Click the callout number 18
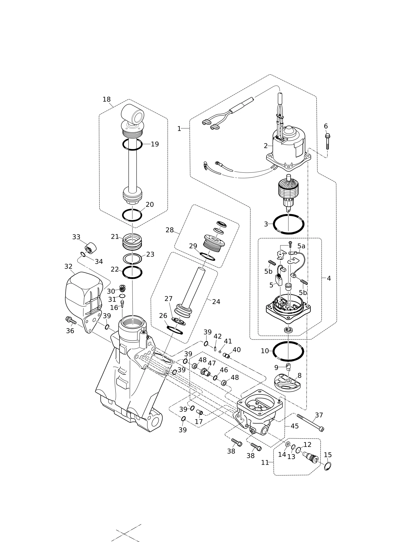(x=107, y=99)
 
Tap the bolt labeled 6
(x=327, y=141)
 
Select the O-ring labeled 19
(x=132, y=144)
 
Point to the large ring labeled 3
(x=289, y=224)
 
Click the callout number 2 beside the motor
(x=266, y=146)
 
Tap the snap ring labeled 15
(x=328, y=466)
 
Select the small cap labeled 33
(x=91, y=247)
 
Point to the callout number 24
(x=216, y=302)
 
